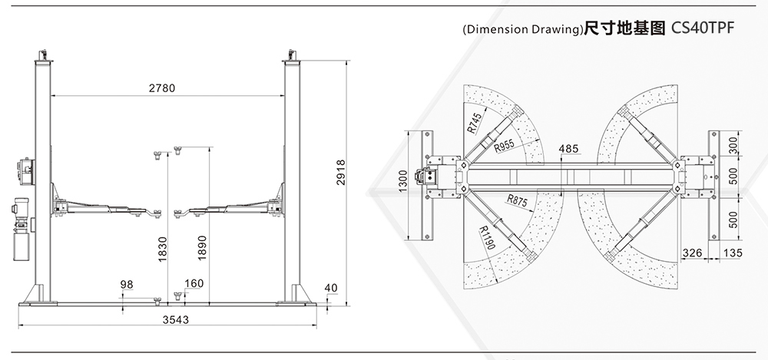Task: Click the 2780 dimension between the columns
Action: click(x=161, y=88)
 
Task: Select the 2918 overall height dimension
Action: click(x=341, y=173)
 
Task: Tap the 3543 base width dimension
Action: click(x=175, y=320)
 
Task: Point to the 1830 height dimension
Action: click(x=163, y=249)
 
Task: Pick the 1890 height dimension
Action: click(x=202, y=248)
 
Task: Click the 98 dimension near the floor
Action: click(x=127, y=285)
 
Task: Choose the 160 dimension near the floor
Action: click(x=194, y=283)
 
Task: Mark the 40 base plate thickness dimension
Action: click(x=331, y=288)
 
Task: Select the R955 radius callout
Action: click(x=504, y=146)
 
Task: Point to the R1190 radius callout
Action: click(x=486, y=237)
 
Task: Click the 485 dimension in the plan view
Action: click(x=568, y=148)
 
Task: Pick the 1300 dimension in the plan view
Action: click(x=403, y=180)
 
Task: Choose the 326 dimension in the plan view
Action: click(x=692, y=253)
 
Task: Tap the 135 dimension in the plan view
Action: click(x=732, y=253)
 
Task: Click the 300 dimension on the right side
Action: click(x=733, y=146)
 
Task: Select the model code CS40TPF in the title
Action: click(x=703, y=28)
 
